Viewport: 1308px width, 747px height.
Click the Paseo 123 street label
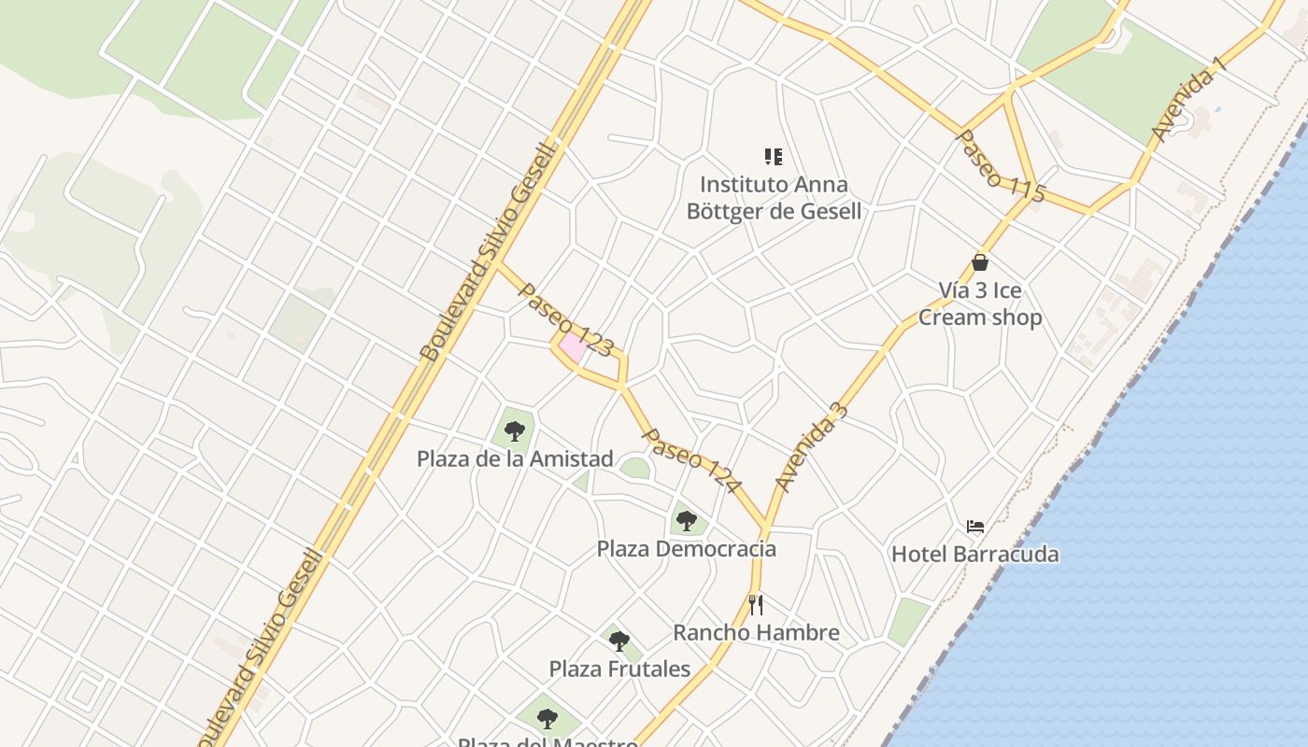[x=565, y=320]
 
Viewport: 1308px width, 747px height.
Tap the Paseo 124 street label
[x=691, y=460]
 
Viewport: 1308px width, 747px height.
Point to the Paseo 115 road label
[x=1000, y=166]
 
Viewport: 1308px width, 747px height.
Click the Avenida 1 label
[x=1187, y=105]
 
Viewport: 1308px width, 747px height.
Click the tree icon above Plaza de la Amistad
[x=514, y=431]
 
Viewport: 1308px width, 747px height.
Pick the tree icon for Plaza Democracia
[x=687, y=521]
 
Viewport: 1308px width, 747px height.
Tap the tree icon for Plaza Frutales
[x=618, y=641]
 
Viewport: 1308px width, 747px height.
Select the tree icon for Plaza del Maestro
[x=547, y=718]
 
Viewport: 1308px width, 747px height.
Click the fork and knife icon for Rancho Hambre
[x=756, y=605]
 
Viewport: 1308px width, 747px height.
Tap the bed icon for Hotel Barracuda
[x=975, y=527]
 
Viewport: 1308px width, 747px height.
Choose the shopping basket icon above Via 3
[x=980, y=262]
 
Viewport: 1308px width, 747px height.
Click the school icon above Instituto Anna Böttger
[x=774, y=157]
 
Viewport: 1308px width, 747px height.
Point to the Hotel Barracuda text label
[x=975, y=554]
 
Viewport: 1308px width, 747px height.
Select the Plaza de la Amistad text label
[x=515, y=458]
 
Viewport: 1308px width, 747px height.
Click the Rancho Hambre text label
[x=756, y=632]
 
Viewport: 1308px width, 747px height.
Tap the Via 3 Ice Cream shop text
[x=980, y=303]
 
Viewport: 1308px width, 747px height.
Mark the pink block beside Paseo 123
[x=573, y=347]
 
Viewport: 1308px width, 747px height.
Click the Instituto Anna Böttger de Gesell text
[x=774, y=198]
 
